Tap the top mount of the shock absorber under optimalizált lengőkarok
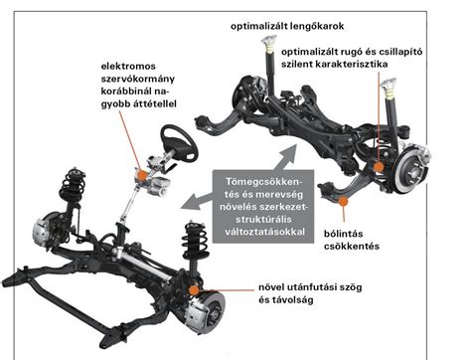tap(267, 45)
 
